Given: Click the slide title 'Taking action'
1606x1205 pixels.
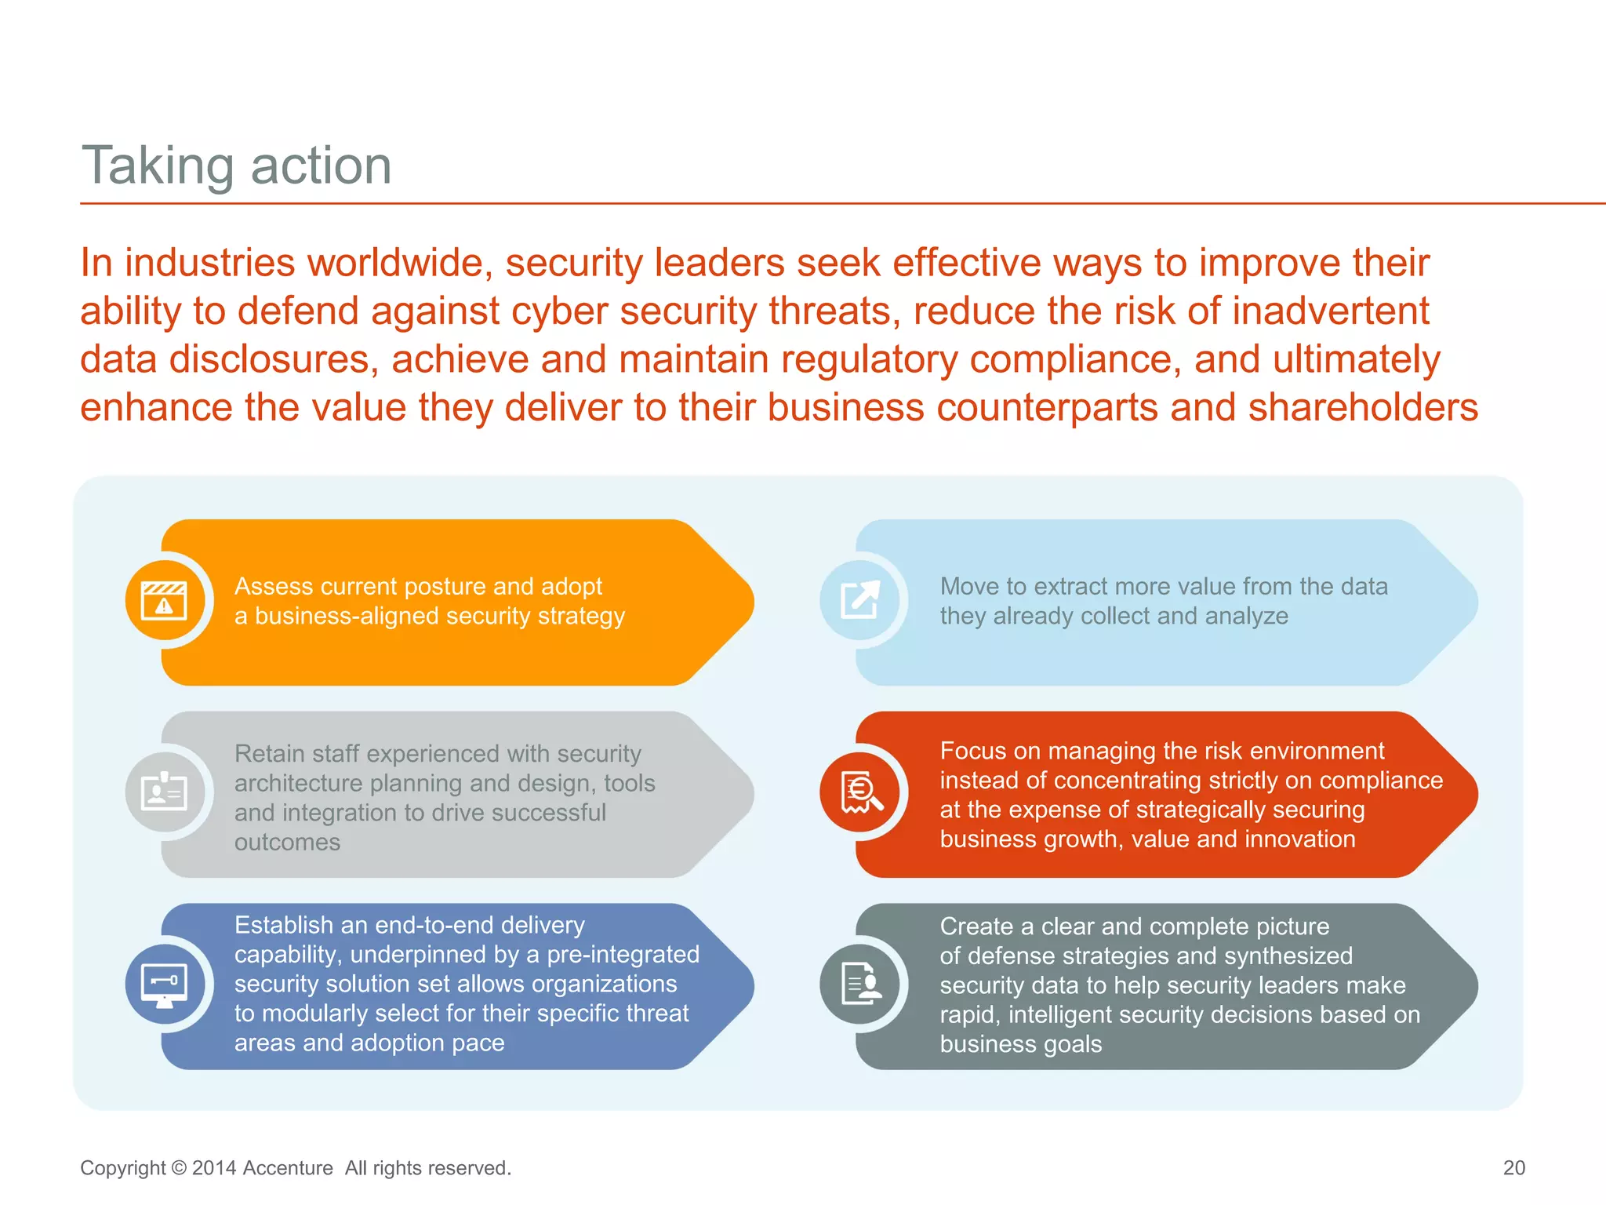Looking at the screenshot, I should pyautogui.click(x=236, y=166).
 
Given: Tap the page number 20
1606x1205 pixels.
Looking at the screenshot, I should pyautogui.click(x=1513, y=1168).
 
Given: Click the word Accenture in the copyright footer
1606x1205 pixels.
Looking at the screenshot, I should pyautogui.click(x=288, y=1168).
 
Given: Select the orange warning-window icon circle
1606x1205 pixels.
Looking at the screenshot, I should pyautogui.click(x=165, y=601).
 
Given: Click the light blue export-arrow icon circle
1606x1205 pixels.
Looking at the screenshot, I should pyautogui.click(x=860, y=601).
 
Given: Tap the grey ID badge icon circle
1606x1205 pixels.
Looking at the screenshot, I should pyautogui.click(x=165, y=793).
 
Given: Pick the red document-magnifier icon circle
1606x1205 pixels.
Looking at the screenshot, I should pyautogui.click(x=860, y=793).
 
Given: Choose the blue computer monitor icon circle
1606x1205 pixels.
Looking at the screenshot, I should pyautogui.click(x=165, y=985).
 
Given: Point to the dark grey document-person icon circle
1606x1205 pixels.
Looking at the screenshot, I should pyautogui.click(x=860, y=985).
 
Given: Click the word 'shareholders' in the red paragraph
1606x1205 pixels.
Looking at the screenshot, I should pyautogui.click(x=1363, y=408).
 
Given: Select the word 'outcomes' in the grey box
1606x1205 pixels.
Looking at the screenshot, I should pyautogui.click(x=287, y=843).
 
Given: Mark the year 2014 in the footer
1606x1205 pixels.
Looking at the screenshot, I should pyautogui.click(x=214, y=1168).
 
